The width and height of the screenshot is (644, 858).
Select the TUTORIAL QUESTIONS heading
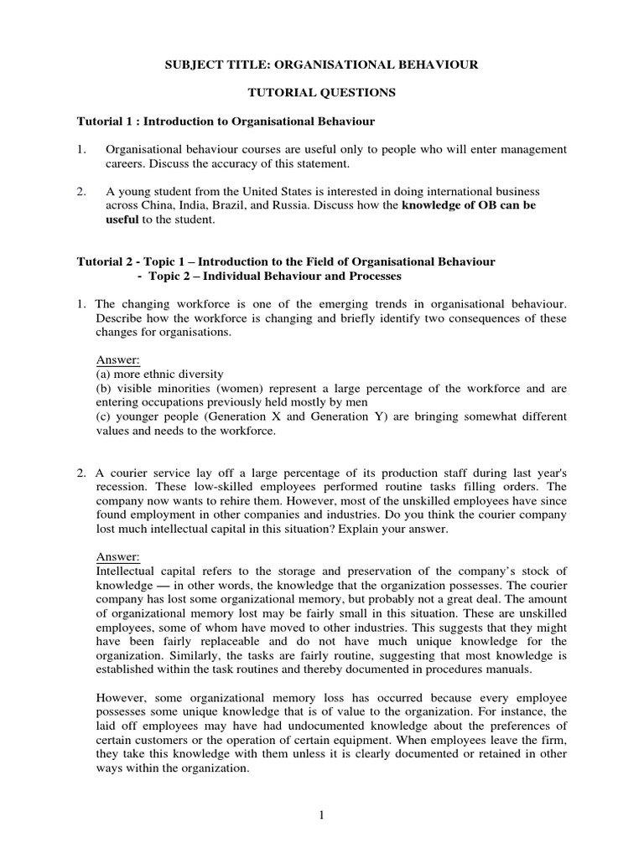(322, 93)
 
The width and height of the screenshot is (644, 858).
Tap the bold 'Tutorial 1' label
(103, 121)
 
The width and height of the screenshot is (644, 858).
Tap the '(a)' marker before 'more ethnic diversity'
(105, 374)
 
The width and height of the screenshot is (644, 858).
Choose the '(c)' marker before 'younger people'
(105, 416)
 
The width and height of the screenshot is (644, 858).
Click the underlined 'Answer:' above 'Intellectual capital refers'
(118, 557)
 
